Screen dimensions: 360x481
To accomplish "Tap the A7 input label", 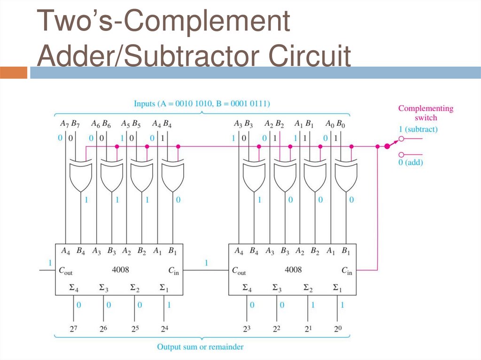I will pyautogui.click(x=63, y=124).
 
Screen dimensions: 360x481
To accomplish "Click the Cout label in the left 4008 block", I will pyautogui.click(x=66, y=270).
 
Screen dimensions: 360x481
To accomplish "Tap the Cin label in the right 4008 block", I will pyautogui.click(x=347, y=270).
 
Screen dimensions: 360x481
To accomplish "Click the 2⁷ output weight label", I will pyautogui.click(x=74, y=328).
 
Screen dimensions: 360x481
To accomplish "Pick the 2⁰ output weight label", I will pyautogui.click(x=337, y=328).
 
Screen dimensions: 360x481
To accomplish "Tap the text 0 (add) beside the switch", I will pyautogui.click(x=412, y=162).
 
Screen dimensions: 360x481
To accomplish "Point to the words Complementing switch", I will pyautogui.click(x=426, y=113).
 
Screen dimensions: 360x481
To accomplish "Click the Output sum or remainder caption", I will pyautogui.click(x=200, y=347).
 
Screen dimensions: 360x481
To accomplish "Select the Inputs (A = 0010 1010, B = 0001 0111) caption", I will pyautogui.click(x=202, y=103).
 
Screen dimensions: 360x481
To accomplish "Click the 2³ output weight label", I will pyautogui.click(x=246, y=328).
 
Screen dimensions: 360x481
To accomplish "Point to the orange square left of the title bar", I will pyautogui.click(x=14, y=73).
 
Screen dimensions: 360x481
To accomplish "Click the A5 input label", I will pyautogui.click(x=125, y=124).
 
